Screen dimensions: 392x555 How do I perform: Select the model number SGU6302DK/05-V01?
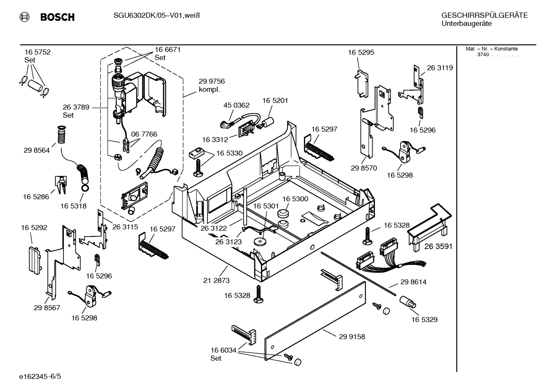[x=142, y=16]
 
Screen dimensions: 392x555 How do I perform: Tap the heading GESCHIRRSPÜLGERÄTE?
[x=484, y=16]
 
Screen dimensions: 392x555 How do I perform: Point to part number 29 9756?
[x=212, y=82]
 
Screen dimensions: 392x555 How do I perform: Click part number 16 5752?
[x=37, y=52]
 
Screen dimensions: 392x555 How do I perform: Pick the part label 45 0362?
[x=236, y=105]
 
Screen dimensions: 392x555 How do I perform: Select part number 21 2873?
[x=216, y=280]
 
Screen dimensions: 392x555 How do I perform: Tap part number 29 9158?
[x=352, y=337]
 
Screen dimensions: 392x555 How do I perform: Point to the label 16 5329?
[x=424, y=320]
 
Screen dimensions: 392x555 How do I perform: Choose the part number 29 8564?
[x=37, y=150]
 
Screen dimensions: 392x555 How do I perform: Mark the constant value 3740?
[x=483, y=55]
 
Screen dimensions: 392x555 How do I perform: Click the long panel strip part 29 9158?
[x=316, y=321]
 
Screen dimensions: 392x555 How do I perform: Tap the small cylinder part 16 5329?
[x=406, y=302]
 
